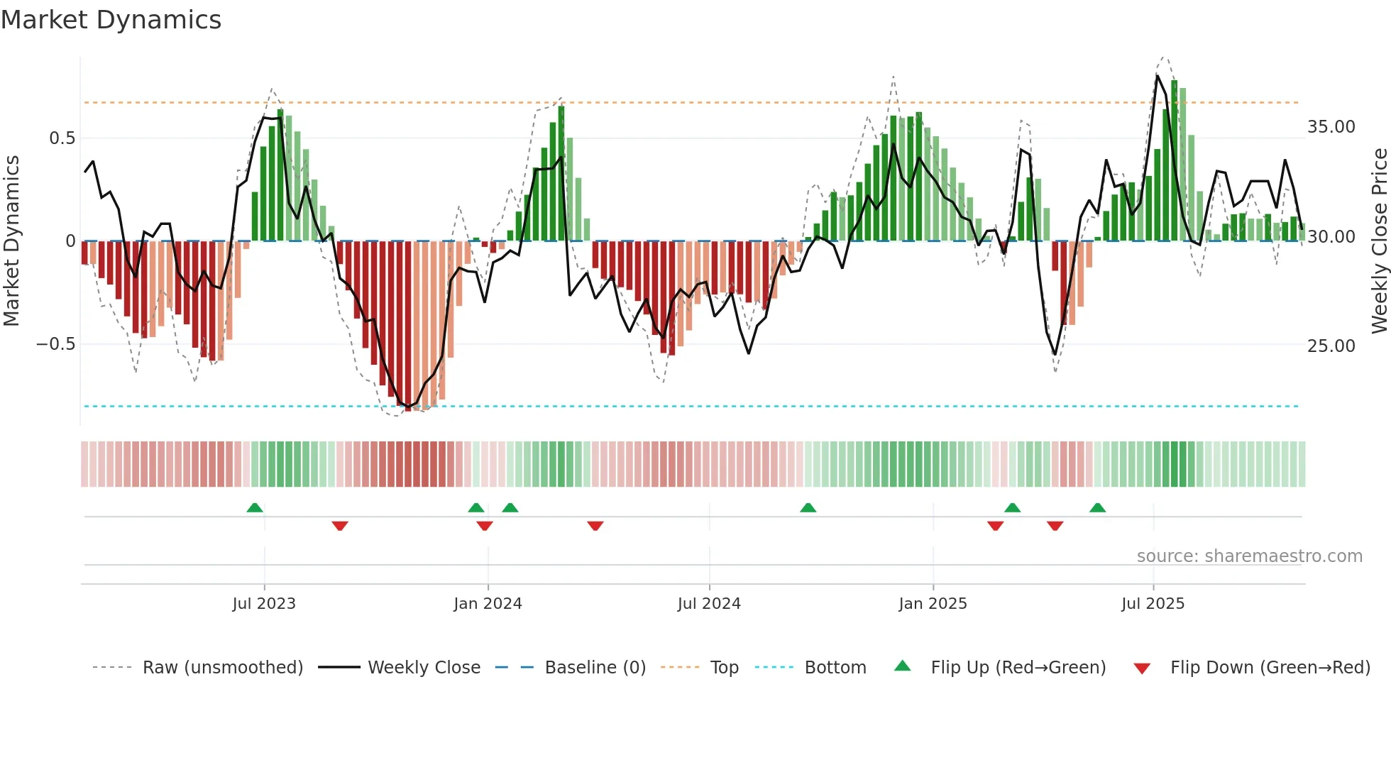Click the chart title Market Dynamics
[x=111, y=20]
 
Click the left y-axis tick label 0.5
[x=62, y=138]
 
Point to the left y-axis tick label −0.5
[x=55, y=344]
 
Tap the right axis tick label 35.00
[x=1331, y=127]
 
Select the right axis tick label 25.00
[x=1331, y=346]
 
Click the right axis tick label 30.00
[x=1331, y=237]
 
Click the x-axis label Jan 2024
[x=488, y=604]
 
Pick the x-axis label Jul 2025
[x=1153, y=604]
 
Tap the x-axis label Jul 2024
[x=708, y=604]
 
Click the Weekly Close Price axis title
[x=1379, y=241]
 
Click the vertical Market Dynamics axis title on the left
[x=11, y=241]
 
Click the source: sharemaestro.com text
[x=1249, y=556]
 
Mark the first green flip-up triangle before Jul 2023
[x=255, y=507]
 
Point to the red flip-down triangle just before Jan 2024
[x=485, y=526]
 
